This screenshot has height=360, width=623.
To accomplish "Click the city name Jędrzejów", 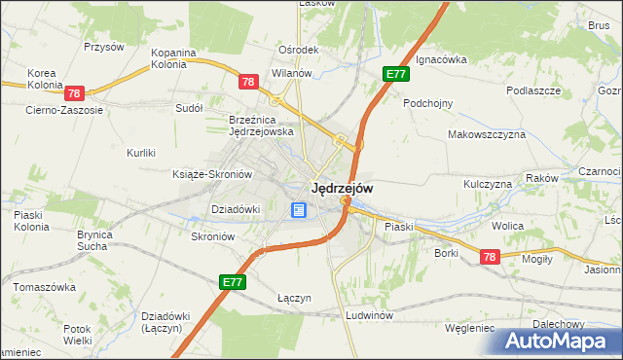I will [x=341, y=188].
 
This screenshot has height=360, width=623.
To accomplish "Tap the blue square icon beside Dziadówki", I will [x=298, y=209].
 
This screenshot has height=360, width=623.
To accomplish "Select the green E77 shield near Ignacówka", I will [x=394, y=74].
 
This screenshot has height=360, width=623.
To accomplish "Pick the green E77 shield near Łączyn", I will [x=232, y=282].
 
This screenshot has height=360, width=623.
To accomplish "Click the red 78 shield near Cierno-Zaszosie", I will [x=75, y=94].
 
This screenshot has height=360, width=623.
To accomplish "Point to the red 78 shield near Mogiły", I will [x=489, y=256].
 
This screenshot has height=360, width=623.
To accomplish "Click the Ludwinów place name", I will [x=368, y=316].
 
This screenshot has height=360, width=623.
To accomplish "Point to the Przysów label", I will [x=104, y=46].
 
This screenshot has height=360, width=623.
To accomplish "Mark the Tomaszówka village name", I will [x=44, y=287].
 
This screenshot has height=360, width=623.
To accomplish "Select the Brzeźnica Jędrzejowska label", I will [x=261, y=125].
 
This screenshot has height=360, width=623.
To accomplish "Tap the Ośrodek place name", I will [x=299, y=50].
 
